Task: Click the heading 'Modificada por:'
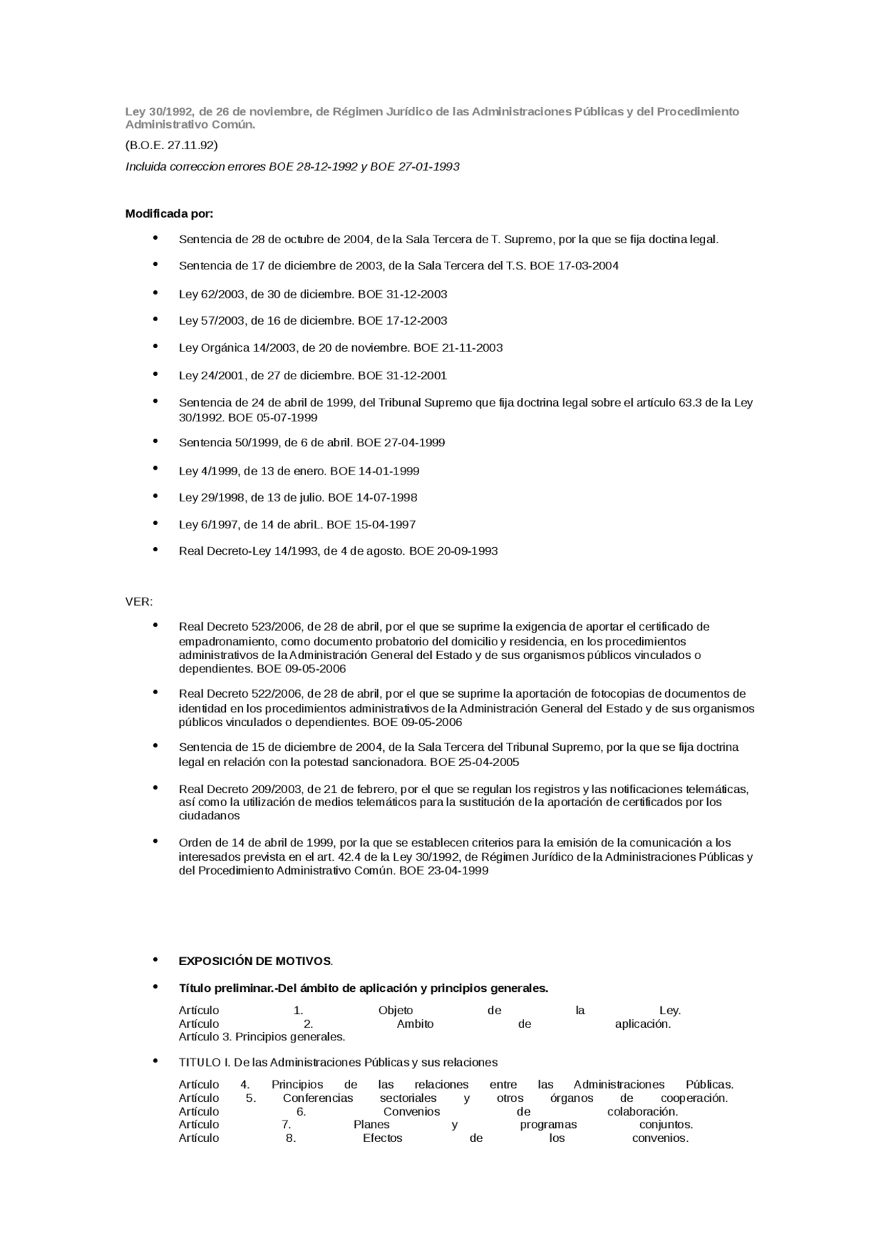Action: pyautogui.click(x=169, y=213)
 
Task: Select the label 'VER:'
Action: pyautogui.click(x=139, y=602)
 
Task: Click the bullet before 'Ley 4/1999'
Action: pyautogui.click(x=155, y=469)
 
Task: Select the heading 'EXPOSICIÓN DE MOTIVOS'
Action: pyautogui.click(x=255, y=962)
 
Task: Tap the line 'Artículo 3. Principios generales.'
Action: pyautogui.click(x=262, y=1037)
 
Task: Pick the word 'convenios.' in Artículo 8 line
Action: pyautogui.click(x=660, y=1138)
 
